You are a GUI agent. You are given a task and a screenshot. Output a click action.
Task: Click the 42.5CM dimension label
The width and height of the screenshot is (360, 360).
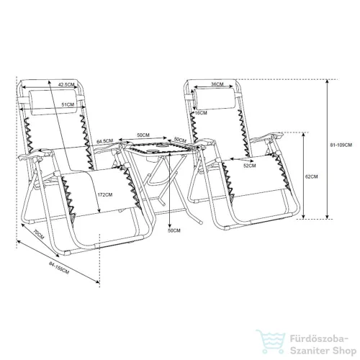[66, 84]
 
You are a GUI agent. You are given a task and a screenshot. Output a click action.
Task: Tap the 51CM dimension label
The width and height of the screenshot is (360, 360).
[68, 104]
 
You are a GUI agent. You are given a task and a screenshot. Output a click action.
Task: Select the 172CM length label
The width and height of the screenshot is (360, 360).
[104, 194]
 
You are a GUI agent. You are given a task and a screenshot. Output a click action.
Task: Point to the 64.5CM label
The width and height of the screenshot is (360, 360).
[104, 141]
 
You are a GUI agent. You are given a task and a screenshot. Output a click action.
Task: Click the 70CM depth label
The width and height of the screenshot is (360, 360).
[38, 235]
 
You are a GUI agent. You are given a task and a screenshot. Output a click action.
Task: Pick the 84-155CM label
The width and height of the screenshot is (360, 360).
[59, 268]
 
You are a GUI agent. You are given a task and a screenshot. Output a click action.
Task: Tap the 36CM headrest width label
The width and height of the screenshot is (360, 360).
[217, 84]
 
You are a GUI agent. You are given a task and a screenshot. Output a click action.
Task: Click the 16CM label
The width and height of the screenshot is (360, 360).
[201, 113]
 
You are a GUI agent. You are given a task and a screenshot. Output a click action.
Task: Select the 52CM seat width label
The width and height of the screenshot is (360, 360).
[250, 166]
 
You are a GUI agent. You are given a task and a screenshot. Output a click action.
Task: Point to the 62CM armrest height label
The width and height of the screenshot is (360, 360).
[311, 176]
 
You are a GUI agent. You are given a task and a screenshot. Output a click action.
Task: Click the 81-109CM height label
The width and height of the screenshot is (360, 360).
[341, 145]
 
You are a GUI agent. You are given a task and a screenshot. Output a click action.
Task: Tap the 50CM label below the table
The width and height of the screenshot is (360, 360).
[174, 230]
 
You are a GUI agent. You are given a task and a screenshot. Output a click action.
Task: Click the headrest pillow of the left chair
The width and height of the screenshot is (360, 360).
[54, 102]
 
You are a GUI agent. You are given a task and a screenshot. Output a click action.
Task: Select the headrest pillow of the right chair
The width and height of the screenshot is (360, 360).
[215, 99]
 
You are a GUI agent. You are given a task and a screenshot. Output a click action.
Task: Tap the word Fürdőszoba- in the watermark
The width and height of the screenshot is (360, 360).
[319, 340]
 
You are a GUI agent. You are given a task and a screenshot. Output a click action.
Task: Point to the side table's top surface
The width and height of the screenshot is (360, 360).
[162, 147]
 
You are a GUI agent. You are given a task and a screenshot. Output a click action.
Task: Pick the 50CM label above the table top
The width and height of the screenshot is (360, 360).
[143, 135]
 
